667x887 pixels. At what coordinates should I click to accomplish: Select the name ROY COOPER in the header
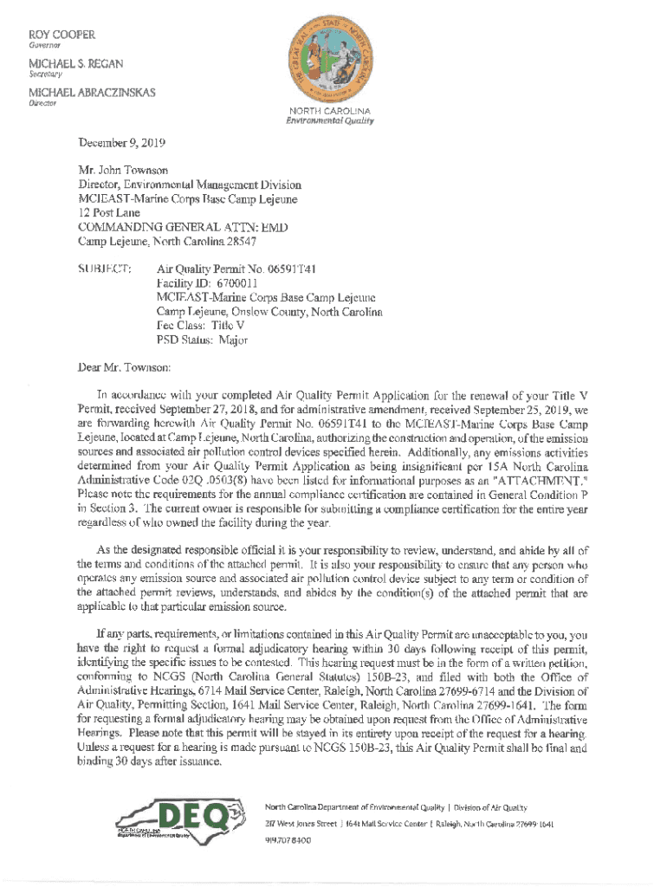62,36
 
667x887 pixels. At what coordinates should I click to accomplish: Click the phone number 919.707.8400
288,839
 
